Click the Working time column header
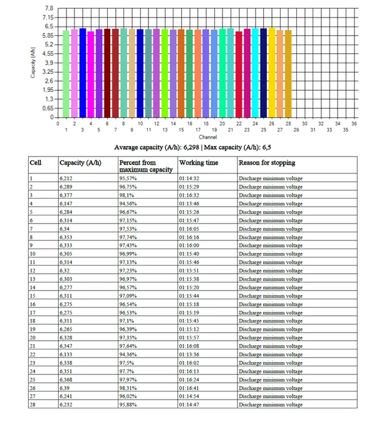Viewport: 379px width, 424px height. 199,163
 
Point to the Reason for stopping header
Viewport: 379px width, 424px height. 267,163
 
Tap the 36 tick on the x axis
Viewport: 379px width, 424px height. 354,124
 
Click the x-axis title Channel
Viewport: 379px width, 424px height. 207,137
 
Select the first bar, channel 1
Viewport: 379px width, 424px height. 66,74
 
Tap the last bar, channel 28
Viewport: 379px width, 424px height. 288,74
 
